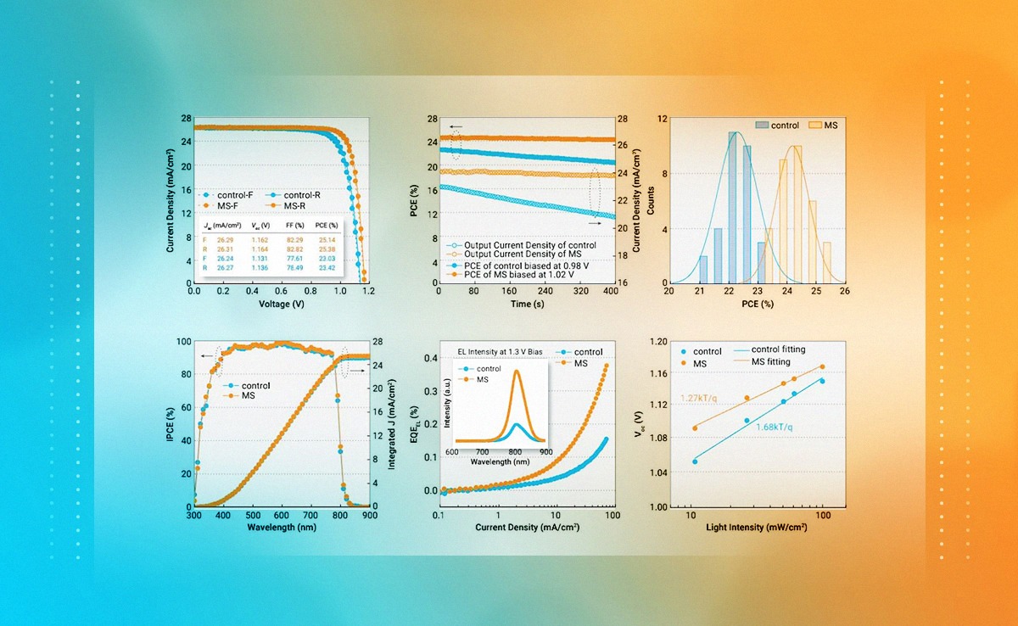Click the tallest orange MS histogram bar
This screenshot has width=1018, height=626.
(x=797, y=213)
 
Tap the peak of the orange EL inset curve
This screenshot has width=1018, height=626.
(x=517, y=371)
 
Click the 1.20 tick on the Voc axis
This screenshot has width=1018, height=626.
(x=657, y=341)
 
